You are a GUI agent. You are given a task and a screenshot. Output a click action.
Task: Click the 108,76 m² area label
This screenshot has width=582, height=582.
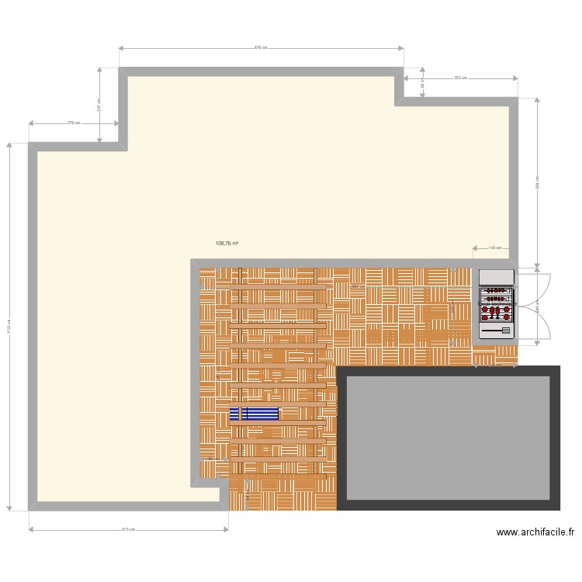tap(227, 244)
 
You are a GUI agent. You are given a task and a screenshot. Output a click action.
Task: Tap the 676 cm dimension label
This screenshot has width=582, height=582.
tap(262, 47)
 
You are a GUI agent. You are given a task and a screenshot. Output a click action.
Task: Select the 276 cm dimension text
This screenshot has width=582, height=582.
tap(74, 123)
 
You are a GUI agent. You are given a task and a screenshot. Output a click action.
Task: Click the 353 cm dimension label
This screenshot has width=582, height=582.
tap(459, 78)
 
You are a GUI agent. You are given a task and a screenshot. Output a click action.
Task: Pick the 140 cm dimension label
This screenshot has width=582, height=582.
tap(494, 248)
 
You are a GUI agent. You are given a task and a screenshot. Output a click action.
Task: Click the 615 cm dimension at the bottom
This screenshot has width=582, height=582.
tap(128, 530)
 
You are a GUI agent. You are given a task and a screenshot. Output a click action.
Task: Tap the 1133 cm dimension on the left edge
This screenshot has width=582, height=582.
tap(9, 327)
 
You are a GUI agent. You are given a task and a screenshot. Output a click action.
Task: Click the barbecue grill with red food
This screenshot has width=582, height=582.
tap(497, 303)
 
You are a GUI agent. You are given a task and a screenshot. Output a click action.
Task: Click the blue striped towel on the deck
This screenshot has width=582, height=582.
tap(254, 413)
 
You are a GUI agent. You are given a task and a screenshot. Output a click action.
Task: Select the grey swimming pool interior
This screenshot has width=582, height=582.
tap(449, 438)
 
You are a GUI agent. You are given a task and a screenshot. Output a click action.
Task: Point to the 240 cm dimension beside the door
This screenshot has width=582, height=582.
tap(537, 307)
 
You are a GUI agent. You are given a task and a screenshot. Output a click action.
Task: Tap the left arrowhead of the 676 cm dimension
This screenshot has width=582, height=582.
tap(120, 47)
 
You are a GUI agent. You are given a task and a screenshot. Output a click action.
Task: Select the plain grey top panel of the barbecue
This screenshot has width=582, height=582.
tap(497, 277)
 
